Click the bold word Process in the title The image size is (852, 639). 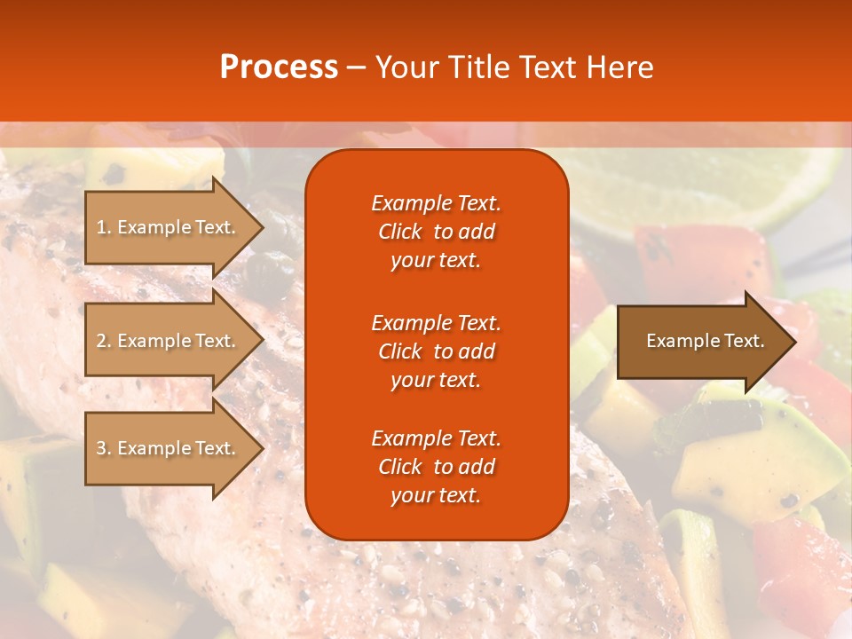pyautogui.click(x=279, y=67)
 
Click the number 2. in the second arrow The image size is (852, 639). pyautogui.click(x=104, y=341)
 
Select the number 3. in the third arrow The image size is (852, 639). pyautogui.click(x=104, y=448)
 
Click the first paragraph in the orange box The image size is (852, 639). pyautogui.click(x=436, y=232)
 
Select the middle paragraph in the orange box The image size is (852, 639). pyautogui.click(x=436, y=351)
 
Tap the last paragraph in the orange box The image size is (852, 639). pyautogui.click(x=436, y=467)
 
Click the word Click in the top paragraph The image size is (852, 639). pyautogui.click(x=400, y=232)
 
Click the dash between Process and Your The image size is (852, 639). pyautogui.click(x=356, y=68)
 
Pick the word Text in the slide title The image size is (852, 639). pyautogui.click(x=548, y=67)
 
